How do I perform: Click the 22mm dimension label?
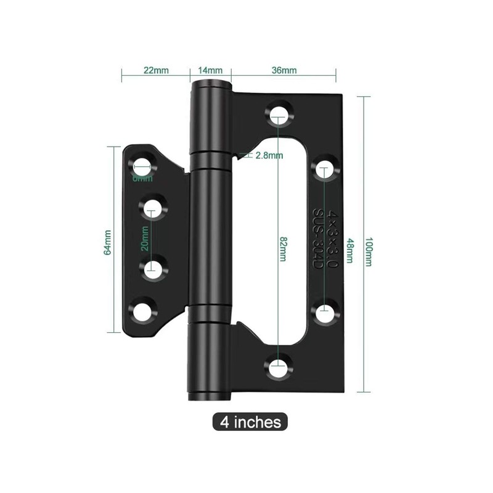pyautogui.click(x=156, y=70)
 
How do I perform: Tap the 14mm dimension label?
pyautogui.click(x=210, y=70)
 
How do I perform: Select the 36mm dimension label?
pyautogui.click(x=283, y=70)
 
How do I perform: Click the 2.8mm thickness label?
pyautogui.click(x=269, y=155)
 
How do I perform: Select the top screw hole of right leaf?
pyautogui.click(x=279, y=113)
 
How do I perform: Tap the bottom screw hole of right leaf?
pyautogui.click(x=279, y=369)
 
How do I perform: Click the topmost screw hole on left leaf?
pyautogui.click(x=142, y=166)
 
